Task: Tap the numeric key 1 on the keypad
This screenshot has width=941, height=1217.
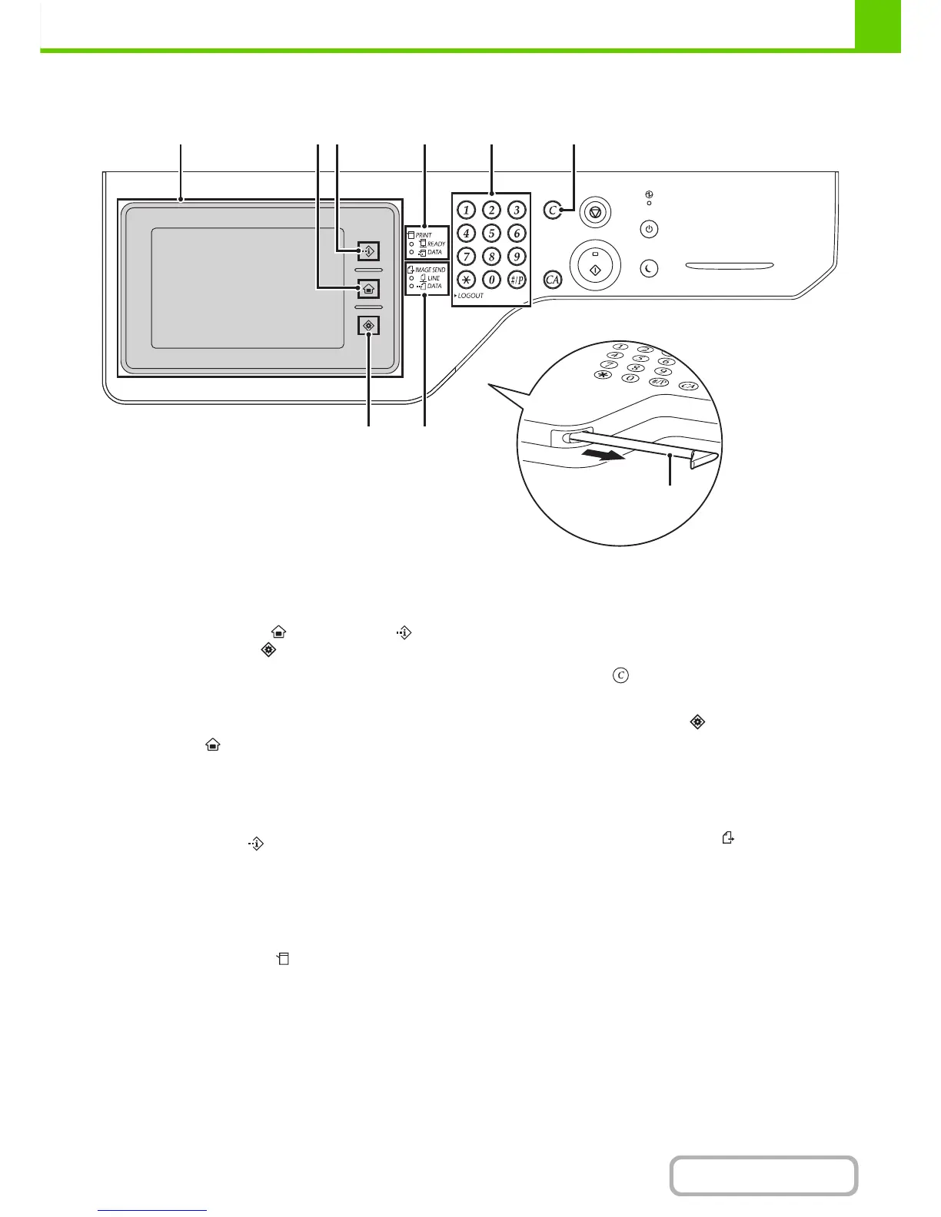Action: click(466, 210)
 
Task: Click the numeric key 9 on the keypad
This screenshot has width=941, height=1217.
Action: click(517, 256)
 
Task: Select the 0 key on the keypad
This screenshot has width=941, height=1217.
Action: click(491, 280)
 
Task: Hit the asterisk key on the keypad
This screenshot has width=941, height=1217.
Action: click(466, 280)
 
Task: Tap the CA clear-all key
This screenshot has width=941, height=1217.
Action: click(552, 280)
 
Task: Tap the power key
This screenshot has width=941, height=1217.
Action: click(650, 229)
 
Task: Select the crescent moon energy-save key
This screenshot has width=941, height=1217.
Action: click(650, 268)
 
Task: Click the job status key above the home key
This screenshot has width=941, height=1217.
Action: click(368, 250)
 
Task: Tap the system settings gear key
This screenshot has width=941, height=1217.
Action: click(368, 326)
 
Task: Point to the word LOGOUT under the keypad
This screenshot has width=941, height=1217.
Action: click(470, 296)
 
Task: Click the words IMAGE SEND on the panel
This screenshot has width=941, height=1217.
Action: click(430, 270)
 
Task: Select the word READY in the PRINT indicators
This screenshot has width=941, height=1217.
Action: click(436, 244)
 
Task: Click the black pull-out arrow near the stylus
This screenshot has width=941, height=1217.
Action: click(602, 454)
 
